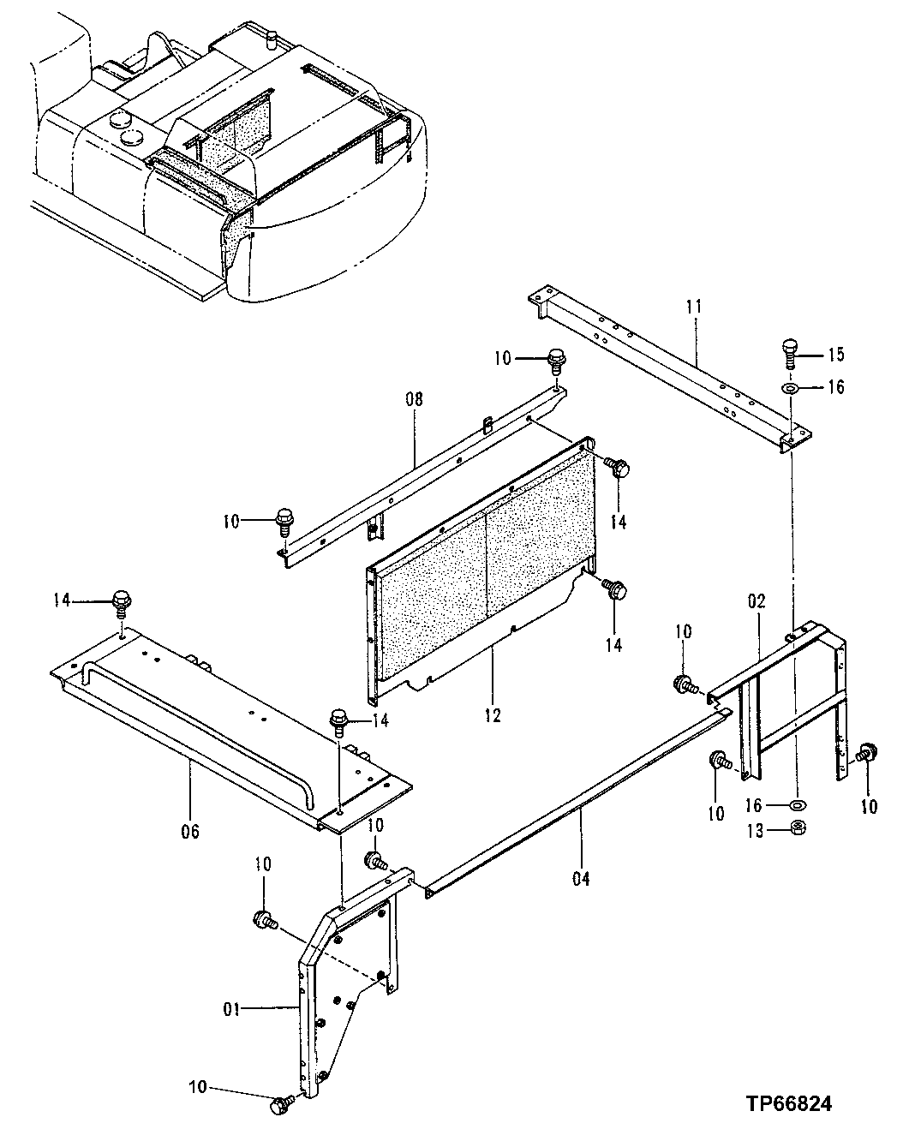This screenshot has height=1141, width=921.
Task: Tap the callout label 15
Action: (x=835, y=354)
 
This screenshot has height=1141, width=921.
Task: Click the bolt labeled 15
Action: (x=790, y=351)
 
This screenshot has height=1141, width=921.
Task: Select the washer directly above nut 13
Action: (x=798, y=805)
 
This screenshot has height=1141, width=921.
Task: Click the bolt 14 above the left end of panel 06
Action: (x=122, y=602)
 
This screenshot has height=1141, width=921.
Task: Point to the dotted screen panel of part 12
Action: (x=484, y=561)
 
